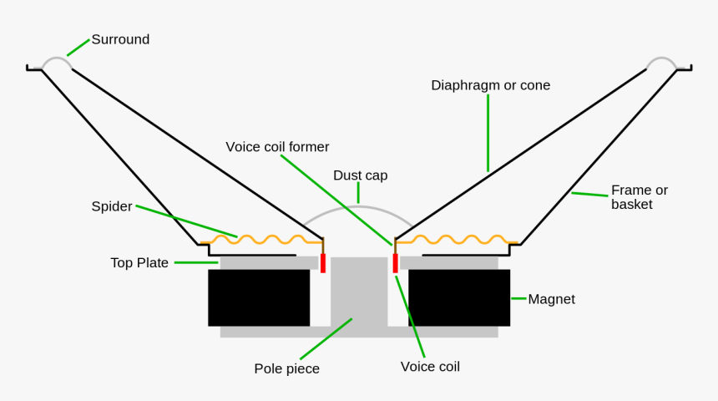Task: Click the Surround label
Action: click(x=120, y=39)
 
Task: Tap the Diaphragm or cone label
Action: click(x=490, y=85)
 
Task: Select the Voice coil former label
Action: click(x=277, y=147)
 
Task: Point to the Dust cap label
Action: click(x=360, y=175)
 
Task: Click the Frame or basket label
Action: click(x=639, y=197)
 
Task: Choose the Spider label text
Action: click(x=112, y=206)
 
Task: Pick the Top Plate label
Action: click(x=139, y=263)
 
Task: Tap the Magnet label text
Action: click(x=551, y=299)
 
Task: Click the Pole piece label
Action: click(x=286, y=368)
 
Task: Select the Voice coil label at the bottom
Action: click(x=430, y=367)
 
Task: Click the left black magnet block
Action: click(x=259, y=297)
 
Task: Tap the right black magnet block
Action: click(x=459, y=297)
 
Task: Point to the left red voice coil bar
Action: click(x=323, y=263)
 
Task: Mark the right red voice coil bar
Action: click(x=395, y=263)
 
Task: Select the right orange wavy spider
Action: click(x=455, y=240)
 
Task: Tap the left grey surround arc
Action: click(x=57, y=59)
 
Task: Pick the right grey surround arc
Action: click(x=661, y=59)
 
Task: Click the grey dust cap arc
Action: click(x=359, y=206)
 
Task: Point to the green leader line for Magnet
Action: click(x=518, y=298)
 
